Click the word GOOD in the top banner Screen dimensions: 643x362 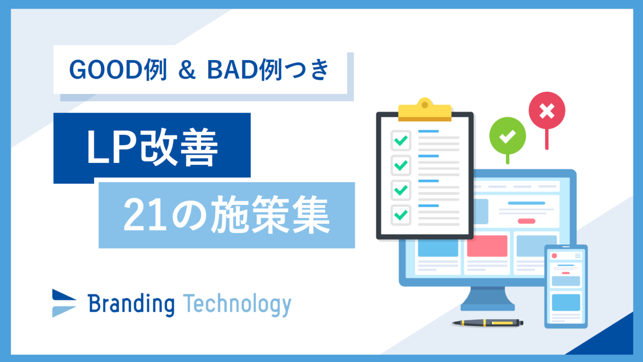click(106, 70)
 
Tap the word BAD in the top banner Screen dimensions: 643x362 click(233, 70)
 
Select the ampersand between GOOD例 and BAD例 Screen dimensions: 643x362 click(187, 70)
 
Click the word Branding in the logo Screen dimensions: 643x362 click(131, 305)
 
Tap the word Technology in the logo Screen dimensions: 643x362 click(237, 305)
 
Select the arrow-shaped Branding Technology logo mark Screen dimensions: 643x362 click(64, 303)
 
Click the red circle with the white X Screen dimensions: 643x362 click(547, 110)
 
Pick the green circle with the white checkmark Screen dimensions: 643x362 click(507, 135)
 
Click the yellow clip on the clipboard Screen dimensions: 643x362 click(425, 110)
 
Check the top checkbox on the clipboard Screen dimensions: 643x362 click(401, 140)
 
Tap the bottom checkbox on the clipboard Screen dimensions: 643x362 click(401, 215)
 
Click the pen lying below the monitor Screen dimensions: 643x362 click(488, 323)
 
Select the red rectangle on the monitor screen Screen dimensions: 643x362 click(487, 246)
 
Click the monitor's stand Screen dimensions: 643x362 click(488, 299)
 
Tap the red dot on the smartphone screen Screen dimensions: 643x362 click(554, 255)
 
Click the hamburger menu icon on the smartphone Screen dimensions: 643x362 click(578, 255)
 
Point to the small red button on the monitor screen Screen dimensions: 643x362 click(526, 221)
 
